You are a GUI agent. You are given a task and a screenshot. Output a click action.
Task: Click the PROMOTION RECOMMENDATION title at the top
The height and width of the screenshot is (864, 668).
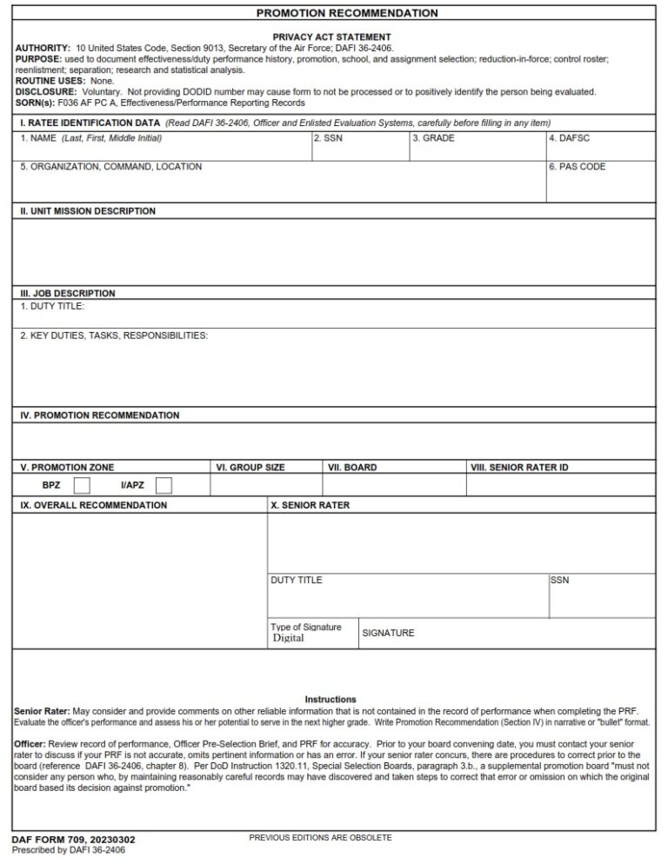pyautogui.click(x=347, y=13)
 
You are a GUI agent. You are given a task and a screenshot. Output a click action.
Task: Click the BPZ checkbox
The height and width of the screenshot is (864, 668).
pyautogui.click(x=82, y=485)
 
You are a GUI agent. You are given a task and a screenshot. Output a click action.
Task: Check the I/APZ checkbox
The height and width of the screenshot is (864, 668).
pyautogui.click(x=164, y=485)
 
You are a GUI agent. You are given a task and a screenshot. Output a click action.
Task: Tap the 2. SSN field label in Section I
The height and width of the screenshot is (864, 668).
pyautogui.click(x=328, y=138)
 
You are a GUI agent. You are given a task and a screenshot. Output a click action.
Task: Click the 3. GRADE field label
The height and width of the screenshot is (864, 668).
pyautogui.click(x=433, y=138)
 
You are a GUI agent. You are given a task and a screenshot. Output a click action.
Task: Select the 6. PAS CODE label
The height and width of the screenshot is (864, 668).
pyautogui.click(x=577, y=167)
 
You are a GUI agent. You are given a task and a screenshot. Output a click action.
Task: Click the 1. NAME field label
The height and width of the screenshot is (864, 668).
pyautogui.click(x=90, y=138)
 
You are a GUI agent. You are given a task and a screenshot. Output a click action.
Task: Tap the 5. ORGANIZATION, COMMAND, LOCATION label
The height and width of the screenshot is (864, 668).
pyautogui.click(x=110, y=167)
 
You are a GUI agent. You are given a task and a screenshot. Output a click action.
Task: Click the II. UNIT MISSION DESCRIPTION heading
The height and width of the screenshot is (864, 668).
pyautogui.click(x=88, y=211)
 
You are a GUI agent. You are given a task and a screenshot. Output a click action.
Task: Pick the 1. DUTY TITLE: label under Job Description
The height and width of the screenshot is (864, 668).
pyautogui.click(x=52, y=306)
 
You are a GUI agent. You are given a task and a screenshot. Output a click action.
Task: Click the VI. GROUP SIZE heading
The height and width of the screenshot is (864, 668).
pyautogui.click(x=250, y=468)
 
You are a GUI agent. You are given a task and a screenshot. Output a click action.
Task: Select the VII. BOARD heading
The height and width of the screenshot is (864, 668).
pyautogui.click(x=352, y=468)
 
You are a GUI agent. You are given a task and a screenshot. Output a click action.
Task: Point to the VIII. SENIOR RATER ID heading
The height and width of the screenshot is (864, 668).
pyautogui.click(x=519, y=468)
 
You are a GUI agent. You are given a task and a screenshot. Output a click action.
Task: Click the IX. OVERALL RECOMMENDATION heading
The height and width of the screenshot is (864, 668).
pyautogui.click(x=94, y=505)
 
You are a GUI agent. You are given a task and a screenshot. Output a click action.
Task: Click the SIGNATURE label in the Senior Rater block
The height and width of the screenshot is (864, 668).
pyautogui.click(x=388, y=634)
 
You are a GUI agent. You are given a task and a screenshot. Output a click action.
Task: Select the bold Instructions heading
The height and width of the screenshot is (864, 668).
pyautogui.click(x=331, y=700)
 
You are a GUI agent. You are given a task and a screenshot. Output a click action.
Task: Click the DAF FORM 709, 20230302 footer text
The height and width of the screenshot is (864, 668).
pyautogui.click(x=73, y=840)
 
